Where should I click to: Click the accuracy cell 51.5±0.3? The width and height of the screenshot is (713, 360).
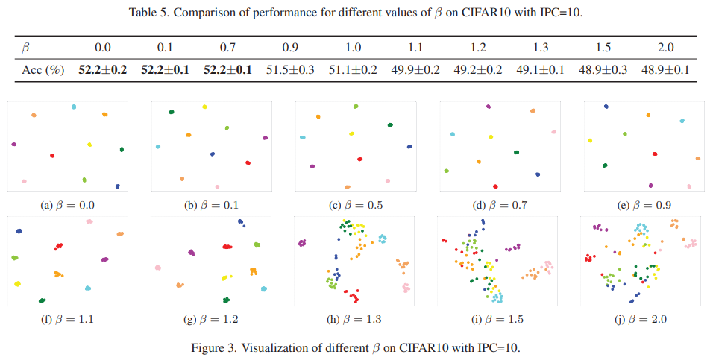pos(291,69)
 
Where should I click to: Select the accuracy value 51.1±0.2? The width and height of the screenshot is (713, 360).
pos(354,69)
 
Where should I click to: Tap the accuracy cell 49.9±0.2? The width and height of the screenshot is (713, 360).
pos(416,69)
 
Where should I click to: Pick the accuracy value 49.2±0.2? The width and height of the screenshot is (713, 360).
pos(478,69)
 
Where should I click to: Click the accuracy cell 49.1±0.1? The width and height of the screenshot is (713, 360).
pos(541,69)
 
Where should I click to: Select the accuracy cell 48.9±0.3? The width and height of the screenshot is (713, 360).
pos(603,69)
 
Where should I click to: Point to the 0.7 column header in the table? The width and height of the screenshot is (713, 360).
pos(228,48)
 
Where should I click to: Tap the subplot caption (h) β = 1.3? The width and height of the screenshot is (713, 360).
pos(356,319)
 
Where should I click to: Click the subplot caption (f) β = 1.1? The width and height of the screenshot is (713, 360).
pos(68,319)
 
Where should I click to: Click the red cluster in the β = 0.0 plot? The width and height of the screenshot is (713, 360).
pos(52,155)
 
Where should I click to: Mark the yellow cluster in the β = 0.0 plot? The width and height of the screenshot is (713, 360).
pos(89,144)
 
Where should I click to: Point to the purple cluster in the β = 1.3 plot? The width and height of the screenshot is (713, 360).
pos(303,242)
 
